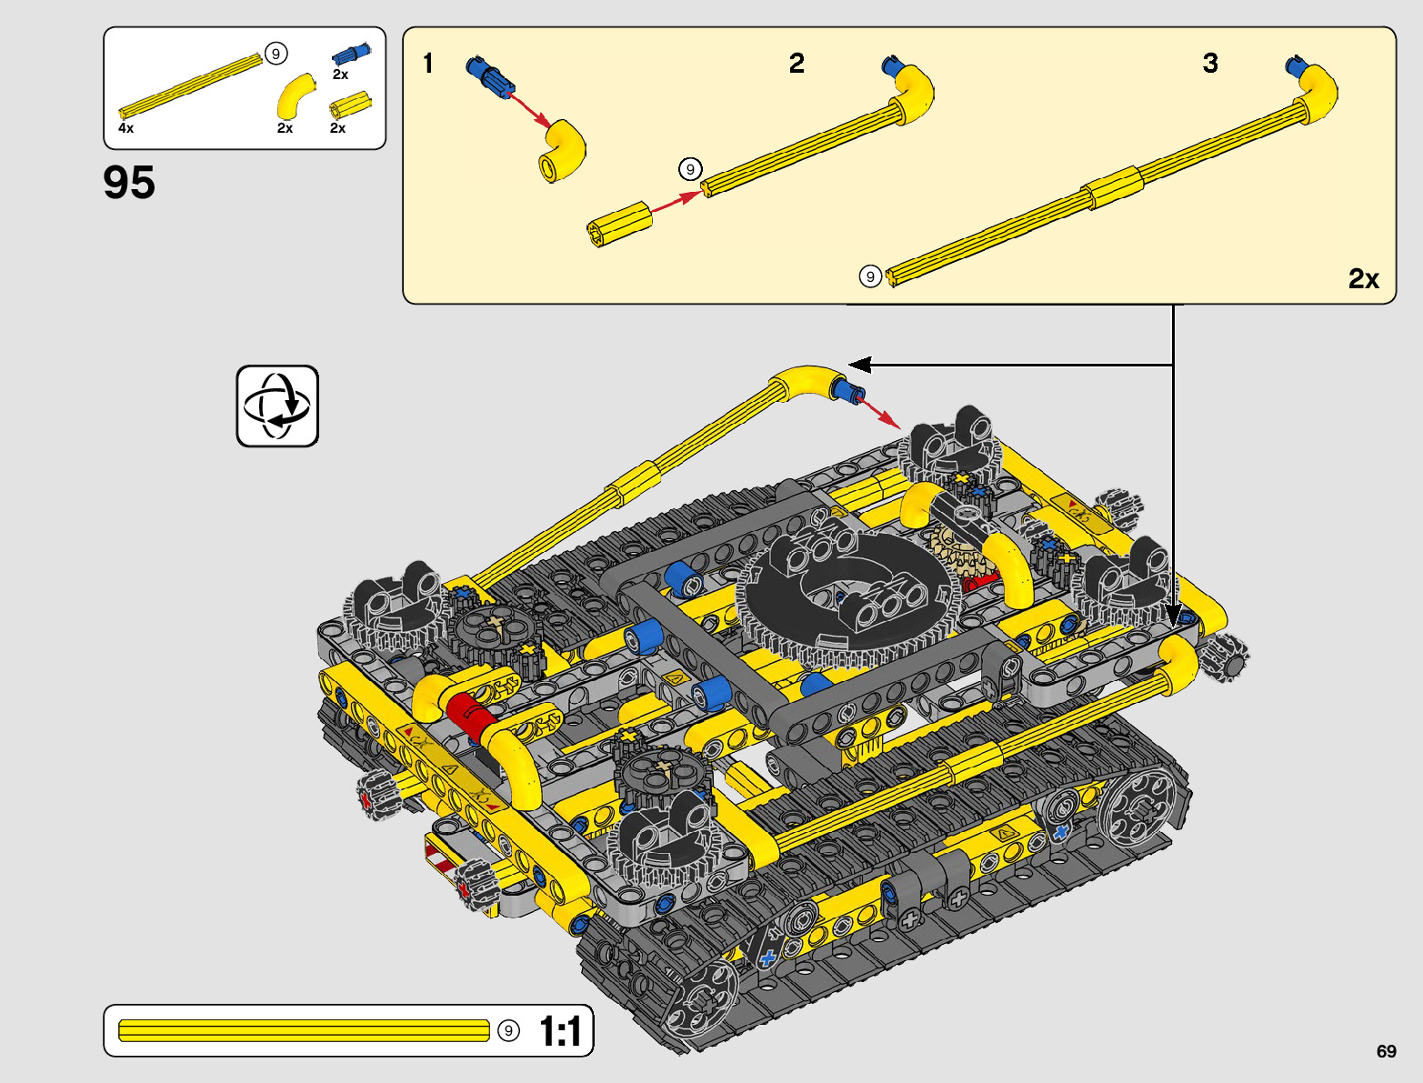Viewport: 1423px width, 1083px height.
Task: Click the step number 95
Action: point(129,182)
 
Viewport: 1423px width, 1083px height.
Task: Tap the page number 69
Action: point(1386,1051)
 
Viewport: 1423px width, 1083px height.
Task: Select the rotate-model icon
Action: point(277,406)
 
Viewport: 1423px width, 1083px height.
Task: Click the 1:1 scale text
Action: point(560,1030)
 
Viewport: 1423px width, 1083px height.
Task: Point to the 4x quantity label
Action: point(125,128)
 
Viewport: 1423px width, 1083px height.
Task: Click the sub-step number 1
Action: point(428,64)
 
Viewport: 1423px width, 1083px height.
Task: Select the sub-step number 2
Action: point(797,63)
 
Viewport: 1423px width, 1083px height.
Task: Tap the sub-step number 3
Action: point(1210,63)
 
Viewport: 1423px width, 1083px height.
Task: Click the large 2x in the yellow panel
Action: point(1364,278)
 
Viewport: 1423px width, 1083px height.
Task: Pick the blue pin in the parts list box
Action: point(351,55)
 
